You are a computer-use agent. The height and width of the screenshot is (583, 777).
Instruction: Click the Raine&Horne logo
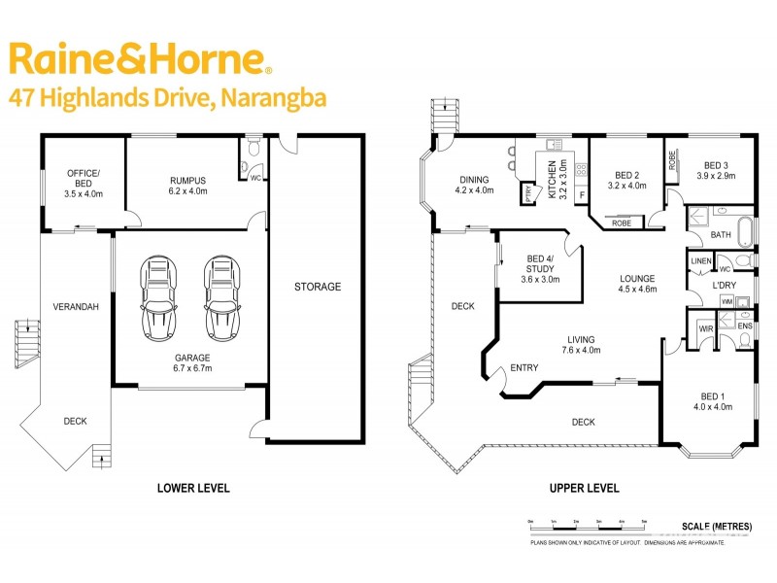point(139,59)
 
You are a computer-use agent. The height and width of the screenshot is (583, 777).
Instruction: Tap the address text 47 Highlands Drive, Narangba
point(166,97)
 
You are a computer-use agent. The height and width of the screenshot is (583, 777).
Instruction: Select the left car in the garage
point(158,295)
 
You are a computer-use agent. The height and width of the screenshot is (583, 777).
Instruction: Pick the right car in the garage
point(220,295)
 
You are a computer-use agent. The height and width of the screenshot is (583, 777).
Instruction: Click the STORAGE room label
point(318,287)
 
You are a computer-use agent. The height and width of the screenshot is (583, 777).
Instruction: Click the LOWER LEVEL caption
point(193,488)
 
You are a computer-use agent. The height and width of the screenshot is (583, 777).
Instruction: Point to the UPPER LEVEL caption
point(584,488)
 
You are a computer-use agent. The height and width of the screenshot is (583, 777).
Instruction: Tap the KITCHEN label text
point(552,181)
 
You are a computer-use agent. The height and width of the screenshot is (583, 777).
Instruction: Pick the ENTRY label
point(524,367)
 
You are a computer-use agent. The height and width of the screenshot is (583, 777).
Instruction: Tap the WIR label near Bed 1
point(706,329)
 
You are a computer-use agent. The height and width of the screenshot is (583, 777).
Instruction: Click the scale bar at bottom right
point(588,524)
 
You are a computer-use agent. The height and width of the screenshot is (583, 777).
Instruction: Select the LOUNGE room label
point(638,284)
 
